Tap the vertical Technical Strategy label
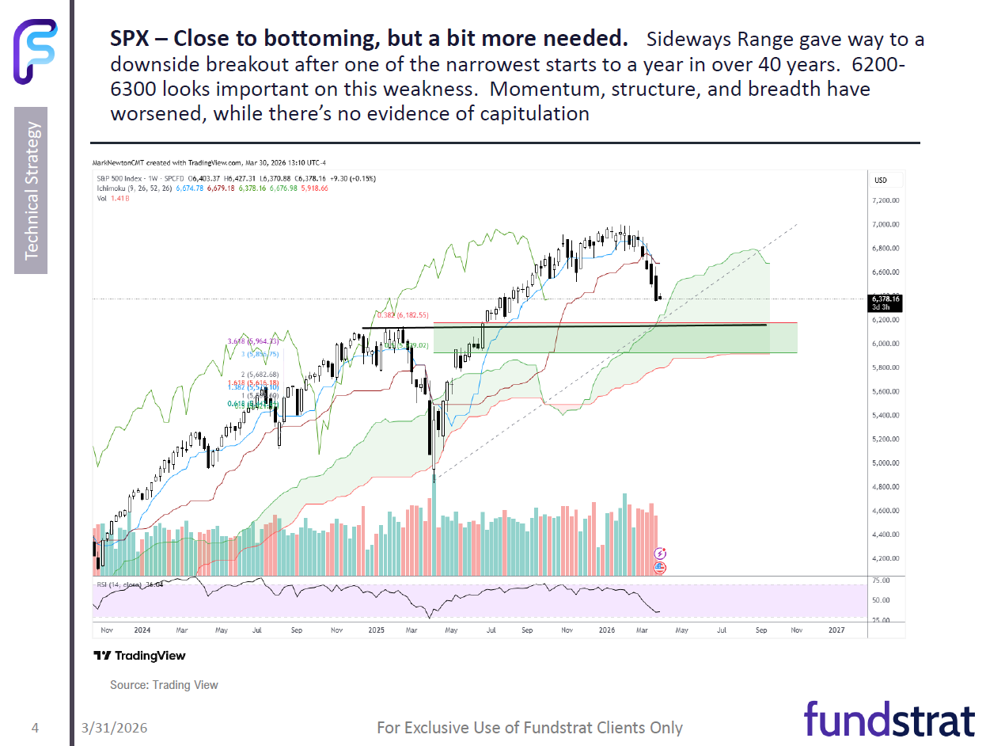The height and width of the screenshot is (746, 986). pyautogui.click(x=31, y=190)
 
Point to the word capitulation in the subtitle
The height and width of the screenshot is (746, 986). pyautogui.click(x=534, y=113)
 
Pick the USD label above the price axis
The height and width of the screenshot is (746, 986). pyautogui.click(x=880, y=181)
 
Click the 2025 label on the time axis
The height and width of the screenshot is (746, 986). pyautogui.click(x=376, y=630)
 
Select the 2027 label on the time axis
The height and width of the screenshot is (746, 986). pyautogui.click(x=836, y=630)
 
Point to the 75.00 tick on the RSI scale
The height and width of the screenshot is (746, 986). pyautogui.click(x=881, y=580)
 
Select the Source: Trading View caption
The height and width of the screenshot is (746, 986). pyautogui.click(x=164, y=685)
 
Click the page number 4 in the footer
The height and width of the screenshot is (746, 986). pyautogui.click(x=35, y=727)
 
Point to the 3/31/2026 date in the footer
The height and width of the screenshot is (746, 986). pyautogui.click(x=114, y=728)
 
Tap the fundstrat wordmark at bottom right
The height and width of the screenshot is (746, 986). pyautogui.click(x=889, y=720)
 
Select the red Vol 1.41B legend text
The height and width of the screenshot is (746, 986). pyautogui.click(x=110, y=198)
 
